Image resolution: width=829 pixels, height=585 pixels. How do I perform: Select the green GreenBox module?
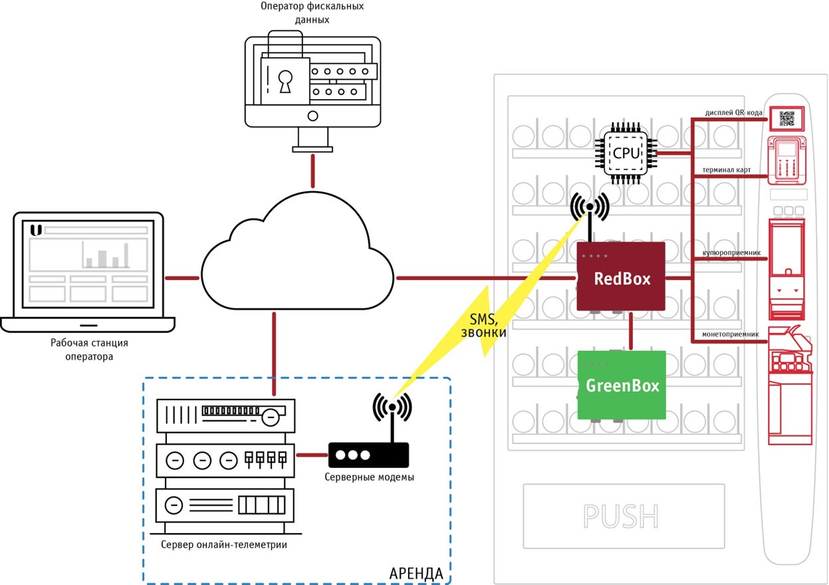pos(622,385)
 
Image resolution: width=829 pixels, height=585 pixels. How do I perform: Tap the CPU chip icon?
pos(626,153)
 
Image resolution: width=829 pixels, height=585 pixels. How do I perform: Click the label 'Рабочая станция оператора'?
pos(89,350)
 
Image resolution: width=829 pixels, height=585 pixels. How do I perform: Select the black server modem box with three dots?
pos(368,455)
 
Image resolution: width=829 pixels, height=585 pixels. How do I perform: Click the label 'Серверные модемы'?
pos(370,477)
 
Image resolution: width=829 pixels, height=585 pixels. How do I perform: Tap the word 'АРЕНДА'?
pos(415,572)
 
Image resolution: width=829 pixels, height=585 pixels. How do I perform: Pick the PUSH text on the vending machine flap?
pos(620,516)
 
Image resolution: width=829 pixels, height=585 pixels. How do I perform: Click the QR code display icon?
pos(786,118)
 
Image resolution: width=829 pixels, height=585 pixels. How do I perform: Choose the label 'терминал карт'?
pos(729,170)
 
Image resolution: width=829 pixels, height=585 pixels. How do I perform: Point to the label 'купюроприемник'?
pos(726,254)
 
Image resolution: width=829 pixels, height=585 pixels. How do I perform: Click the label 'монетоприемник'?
pos(727,334)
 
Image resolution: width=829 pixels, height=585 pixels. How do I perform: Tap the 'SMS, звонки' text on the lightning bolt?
pos(488,324)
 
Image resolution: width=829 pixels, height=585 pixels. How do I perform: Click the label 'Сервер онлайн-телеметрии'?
pos(224,545)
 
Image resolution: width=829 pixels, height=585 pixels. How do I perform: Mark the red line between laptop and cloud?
pos(181,277)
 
